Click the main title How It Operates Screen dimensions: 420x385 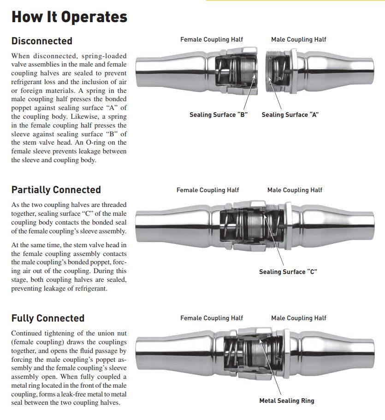coord(69,17)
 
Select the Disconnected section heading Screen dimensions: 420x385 coord(42,41)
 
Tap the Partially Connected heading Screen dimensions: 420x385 coord(56,190)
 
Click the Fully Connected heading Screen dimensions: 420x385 coord(48,318)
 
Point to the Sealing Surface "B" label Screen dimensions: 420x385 coord(219,115)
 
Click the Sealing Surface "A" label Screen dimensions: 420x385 coord(290,115)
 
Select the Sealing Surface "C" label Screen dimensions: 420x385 coord(288,272)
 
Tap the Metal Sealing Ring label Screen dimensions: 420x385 coord(286,401)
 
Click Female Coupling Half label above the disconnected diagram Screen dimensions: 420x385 coord(212,40)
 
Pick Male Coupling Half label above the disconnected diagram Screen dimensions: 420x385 coord(298,40)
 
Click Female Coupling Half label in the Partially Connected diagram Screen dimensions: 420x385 coord(208,190)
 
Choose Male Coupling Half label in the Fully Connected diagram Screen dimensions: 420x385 coord(298,318)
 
